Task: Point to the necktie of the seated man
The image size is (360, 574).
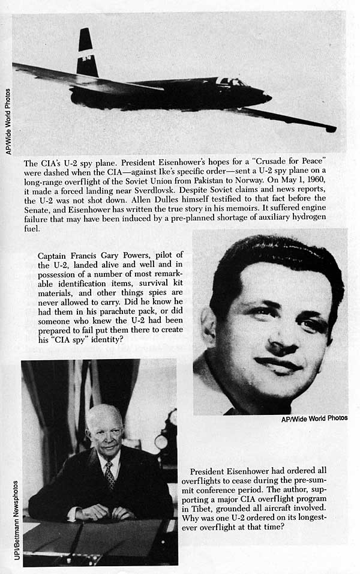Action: click(110, 474)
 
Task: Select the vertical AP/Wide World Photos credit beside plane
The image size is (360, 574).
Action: click(8, 121)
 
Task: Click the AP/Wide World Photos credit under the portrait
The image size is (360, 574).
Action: click(314, 418)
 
